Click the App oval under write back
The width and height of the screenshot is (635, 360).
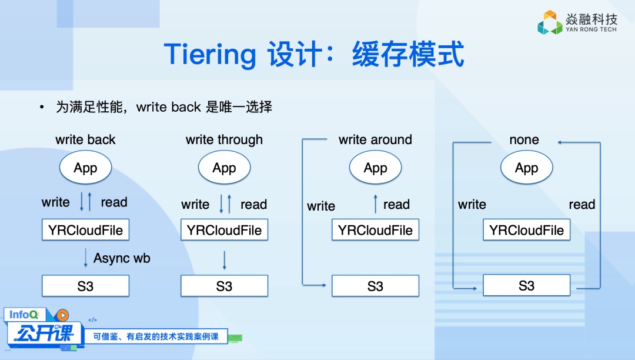tap(85, 168)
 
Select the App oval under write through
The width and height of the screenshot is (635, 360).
tap(224, 168)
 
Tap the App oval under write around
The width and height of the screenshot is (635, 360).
tap(375, 168)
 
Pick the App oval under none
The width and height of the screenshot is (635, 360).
tap(526, 168)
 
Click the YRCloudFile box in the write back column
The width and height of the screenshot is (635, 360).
tap(85, 230)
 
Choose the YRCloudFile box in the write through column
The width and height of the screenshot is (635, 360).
tap(224, 230)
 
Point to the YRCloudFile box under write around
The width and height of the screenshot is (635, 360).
tap(375, 230)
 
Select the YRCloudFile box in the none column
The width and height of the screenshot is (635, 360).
tap(526, 230)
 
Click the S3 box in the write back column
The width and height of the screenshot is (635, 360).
tap(85, 286)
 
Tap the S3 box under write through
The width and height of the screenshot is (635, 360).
tap(224, 286)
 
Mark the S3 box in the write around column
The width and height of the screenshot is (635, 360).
tap(375, 286)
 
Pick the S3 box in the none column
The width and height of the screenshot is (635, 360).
tap(526, 286)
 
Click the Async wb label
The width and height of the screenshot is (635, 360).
tap(122, 258)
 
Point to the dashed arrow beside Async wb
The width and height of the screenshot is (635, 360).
tap(85, 258)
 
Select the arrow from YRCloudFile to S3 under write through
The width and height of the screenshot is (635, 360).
tap(224, 259)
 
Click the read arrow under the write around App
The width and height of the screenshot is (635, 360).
tap(375, 204)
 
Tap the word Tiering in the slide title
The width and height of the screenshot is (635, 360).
tap(210, 54)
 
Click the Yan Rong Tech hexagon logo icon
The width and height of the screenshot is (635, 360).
tap(550, 22)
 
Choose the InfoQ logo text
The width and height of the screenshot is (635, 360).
tap(24, 315)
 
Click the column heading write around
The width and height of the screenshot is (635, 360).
tap(375, 140)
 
